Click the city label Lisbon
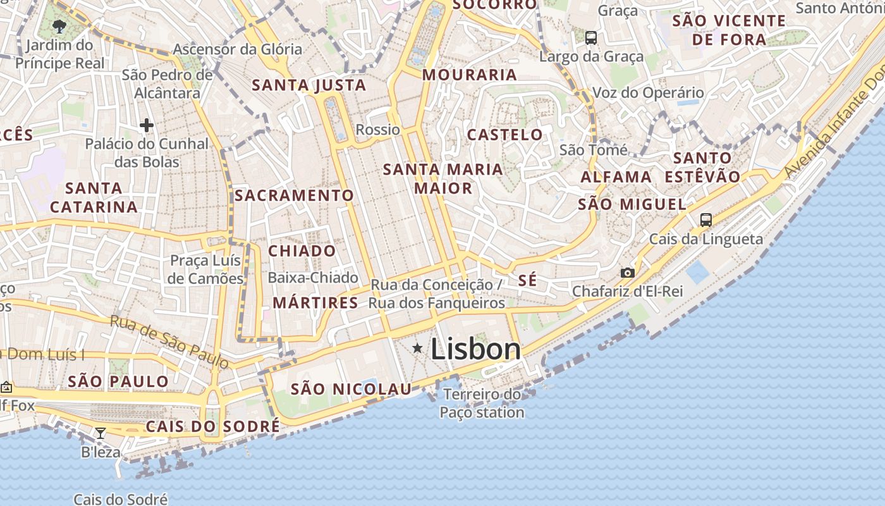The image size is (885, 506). pos(475,349)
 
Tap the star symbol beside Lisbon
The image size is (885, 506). pos(417,348)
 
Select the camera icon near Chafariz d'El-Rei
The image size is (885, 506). pos(627,273)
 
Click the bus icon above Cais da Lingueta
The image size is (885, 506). pos(705,220)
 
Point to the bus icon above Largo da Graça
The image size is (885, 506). pos(590,38)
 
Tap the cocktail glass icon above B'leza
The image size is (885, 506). pos(100,433)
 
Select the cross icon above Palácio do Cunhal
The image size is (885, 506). pos(147,125)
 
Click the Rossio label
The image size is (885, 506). pos(378,130)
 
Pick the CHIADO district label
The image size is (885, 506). pos(302,251)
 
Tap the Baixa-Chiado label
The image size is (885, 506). pos(313,278)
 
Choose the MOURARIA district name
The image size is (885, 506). pos(470,75)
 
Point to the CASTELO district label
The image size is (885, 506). pos(504,134)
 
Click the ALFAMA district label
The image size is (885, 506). pos(616,177)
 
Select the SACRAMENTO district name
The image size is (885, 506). pos(294,195)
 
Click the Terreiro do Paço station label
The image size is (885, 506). pos(482,404)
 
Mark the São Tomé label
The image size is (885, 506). pos(594,150)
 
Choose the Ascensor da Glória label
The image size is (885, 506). pos(238,49)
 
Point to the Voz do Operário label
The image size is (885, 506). pos(648,93)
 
